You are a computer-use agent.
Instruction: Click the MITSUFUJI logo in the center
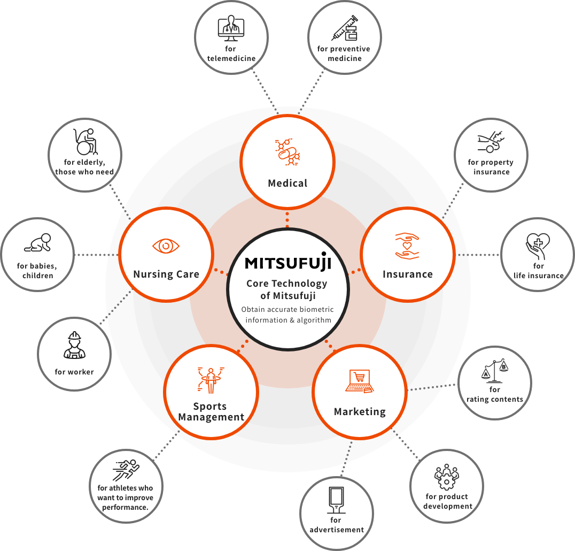[x=288, y=262]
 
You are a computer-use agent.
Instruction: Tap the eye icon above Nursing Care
[x=166, y=246]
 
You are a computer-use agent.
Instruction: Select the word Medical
[x=287, y=183]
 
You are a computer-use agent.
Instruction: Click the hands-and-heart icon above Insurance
[x=407, y=245]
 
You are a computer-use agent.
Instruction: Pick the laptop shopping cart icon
[x=359, y=381]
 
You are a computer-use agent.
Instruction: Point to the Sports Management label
[x=211, y=412]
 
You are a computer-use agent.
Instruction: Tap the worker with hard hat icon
[x=74, y=346]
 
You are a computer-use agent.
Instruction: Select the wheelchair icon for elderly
[x=85, y=141]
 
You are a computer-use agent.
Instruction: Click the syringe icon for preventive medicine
[x=344, y=28]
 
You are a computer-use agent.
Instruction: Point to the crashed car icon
[x=491, y=143]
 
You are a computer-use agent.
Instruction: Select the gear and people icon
[x=447, y=477]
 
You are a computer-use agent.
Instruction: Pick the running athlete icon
[x=126, y=469]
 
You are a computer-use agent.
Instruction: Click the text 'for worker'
[x=74, y=372]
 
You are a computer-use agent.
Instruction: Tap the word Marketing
[x=360, y=411]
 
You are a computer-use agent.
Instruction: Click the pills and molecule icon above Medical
[x=287, y=152]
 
